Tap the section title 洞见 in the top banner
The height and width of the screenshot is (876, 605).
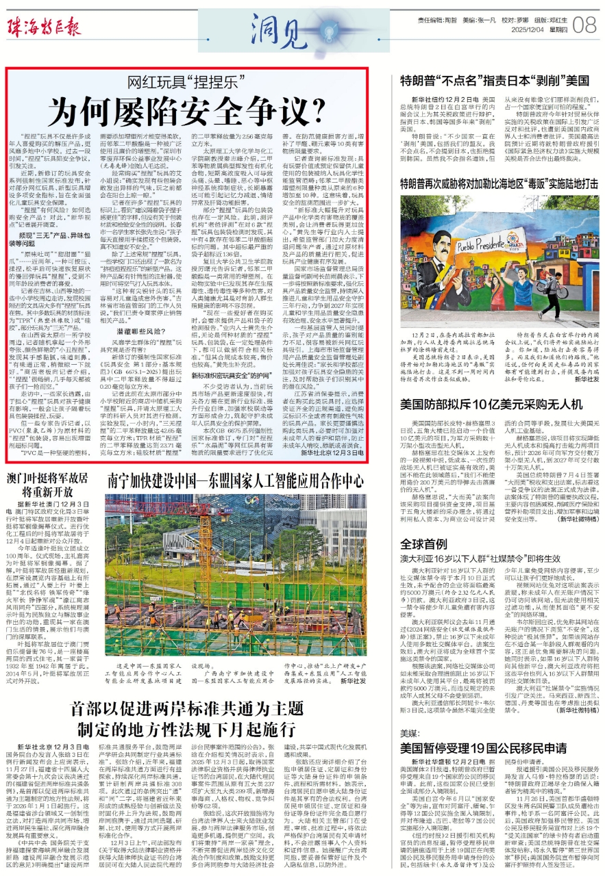[x=274, y=27]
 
